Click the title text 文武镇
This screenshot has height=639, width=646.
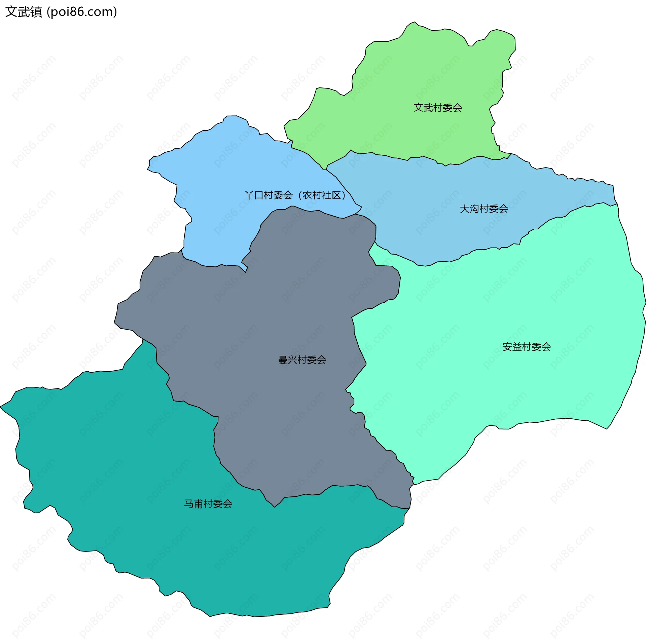coord(24,12)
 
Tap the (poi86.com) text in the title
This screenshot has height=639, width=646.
coord(82,12)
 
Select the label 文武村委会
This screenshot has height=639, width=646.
coord(437,108)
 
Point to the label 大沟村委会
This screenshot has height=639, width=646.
coord(484,209)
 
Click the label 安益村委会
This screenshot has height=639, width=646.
coord(527,347)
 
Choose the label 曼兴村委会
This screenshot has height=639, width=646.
coord(302,360)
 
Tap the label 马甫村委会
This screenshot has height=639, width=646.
coord(208,504)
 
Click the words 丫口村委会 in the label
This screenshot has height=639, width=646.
coord(269,195)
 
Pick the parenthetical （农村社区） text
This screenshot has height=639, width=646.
coord(322,195)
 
